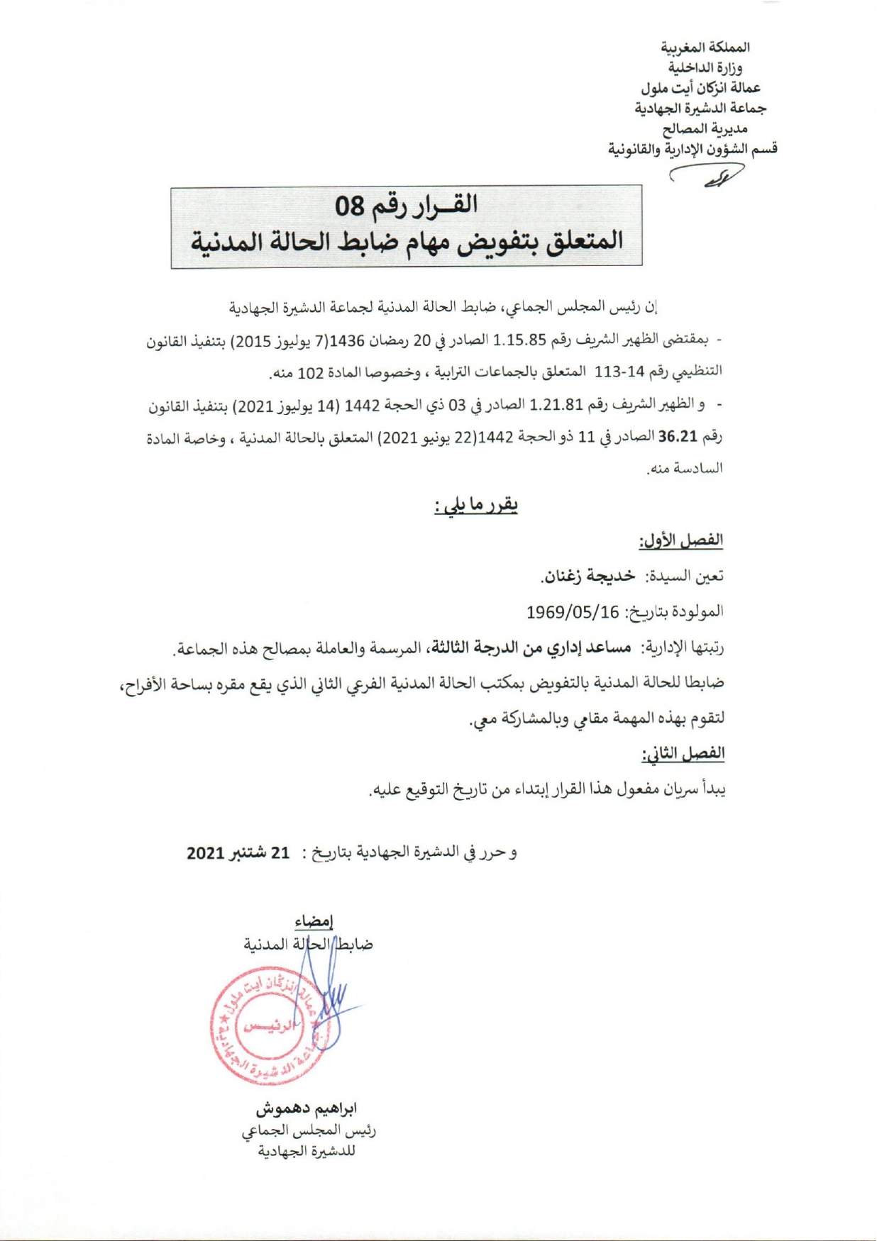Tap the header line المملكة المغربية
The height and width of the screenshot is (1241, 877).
coord(705,48)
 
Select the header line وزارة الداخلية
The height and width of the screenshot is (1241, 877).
coord(705,68)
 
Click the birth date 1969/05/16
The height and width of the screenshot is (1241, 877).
coord(573,611)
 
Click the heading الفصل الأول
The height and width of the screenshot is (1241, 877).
coord(680,541)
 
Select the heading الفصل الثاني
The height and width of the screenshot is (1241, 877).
coord(683,753)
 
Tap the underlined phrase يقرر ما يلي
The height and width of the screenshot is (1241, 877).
coord(476,506)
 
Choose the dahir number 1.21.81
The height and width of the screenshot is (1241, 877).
coord(556,405)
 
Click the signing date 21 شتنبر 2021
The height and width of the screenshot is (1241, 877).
coord(238,852)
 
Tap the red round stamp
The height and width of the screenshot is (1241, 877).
coord(272,1025)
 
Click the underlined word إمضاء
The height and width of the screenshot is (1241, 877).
coord(314,921)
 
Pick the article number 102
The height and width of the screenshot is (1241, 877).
coord(310,371)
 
